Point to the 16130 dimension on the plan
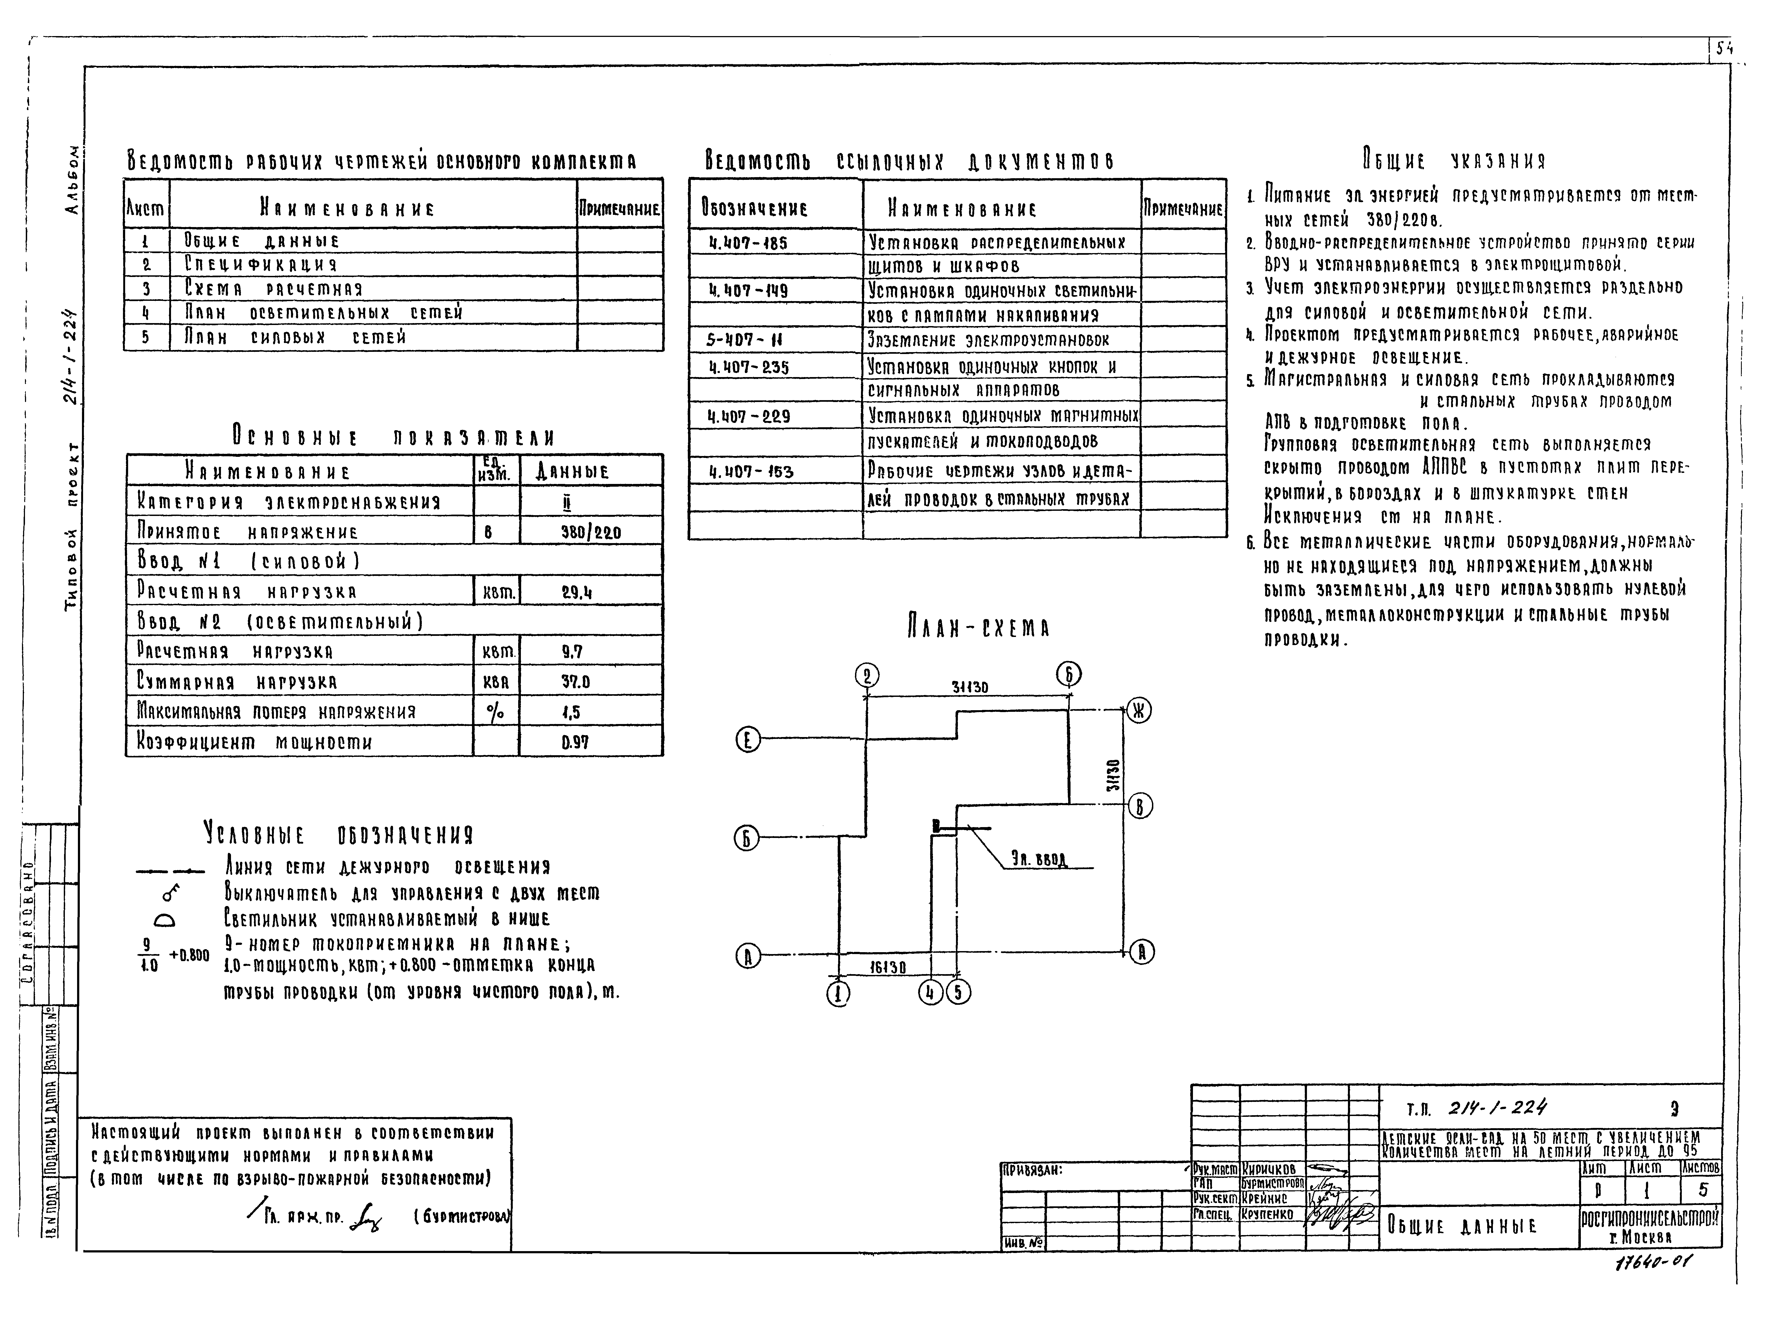887,967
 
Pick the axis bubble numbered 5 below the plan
958,992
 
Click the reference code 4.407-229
749,416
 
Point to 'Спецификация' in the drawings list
261,264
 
